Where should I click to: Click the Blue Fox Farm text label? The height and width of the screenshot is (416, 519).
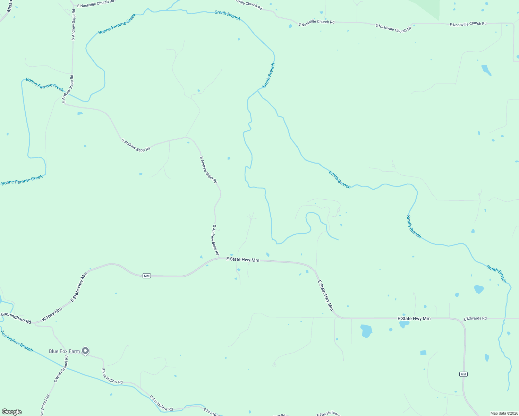64,351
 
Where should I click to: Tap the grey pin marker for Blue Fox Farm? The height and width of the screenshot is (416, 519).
85,351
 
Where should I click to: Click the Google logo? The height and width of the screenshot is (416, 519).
12,412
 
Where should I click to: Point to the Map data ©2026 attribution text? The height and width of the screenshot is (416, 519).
504,413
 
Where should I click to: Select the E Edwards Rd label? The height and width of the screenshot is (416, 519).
475,318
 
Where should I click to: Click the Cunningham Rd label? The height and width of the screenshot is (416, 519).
16,318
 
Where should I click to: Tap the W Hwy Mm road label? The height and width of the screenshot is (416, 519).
52,314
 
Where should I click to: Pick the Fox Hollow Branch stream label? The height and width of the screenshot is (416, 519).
17,341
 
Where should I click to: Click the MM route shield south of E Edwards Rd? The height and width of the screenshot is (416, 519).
463,374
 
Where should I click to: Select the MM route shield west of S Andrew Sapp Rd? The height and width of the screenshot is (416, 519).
147,276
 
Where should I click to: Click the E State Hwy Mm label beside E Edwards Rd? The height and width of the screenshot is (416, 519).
414,318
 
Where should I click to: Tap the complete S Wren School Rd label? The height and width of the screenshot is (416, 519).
61,369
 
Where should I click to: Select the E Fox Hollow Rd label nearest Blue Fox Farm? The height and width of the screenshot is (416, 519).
112,376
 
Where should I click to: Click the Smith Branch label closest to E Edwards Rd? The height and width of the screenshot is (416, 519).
496,274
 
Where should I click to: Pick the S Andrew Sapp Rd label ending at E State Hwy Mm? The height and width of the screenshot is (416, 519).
215,240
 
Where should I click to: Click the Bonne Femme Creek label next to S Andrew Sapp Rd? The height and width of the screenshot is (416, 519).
44,85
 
